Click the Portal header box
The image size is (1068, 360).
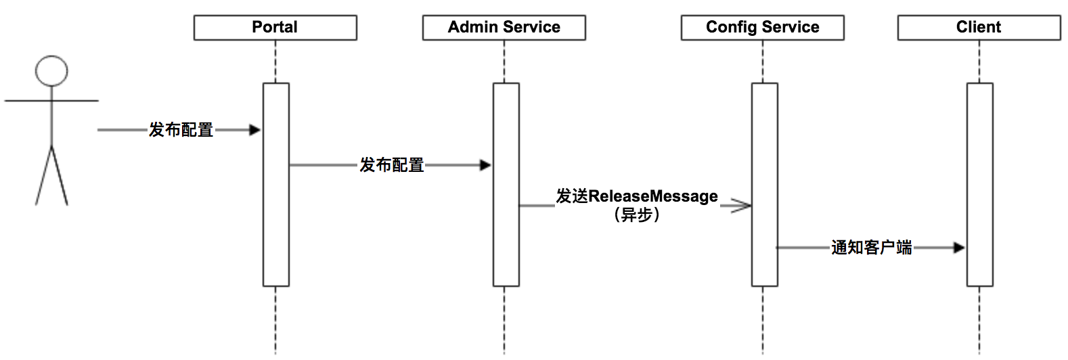click(x=275, y=28)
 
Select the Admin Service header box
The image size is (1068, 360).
click(x=504, y=28)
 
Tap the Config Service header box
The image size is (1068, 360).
click(x=762, y=28)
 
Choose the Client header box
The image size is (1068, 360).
click(x=979, y=28)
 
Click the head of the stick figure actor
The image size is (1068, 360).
click(x=51, y=71)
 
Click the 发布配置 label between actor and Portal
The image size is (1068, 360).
click(x=181, y=130)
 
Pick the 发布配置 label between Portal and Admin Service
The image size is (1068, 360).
click(x=391, y=165)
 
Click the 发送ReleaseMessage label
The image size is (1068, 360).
click(x=637, y=196)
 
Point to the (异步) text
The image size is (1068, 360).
click(x=637, y=215)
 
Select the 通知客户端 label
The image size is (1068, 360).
click(x=871, y=248)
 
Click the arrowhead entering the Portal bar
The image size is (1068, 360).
click(x=255, y=130)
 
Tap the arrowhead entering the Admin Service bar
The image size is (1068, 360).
click(x=485, y=165)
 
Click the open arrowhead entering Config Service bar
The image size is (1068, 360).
click(x=741, y=206)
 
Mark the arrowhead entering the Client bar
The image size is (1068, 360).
click(x=959, y=248)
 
